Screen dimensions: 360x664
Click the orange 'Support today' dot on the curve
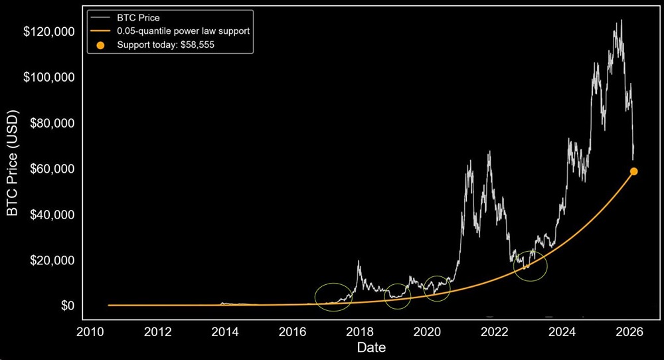(633, 171)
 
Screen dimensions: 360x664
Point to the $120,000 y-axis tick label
(48, 32)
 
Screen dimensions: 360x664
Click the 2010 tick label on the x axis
(90, 332)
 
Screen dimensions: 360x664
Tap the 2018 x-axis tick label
(361, 332)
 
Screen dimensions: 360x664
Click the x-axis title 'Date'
(371, 347)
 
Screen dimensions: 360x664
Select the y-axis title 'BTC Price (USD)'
(12, 169)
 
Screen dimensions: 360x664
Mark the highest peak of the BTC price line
(621, 21)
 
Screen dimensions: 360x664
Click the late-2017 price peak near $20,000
(359, 261)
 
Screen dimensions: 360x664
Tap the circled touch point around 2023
(531, 266)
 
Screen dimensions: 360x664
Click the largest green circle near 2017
(334, 298)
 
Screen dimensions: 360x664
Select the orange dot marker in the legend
(100, 45)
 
